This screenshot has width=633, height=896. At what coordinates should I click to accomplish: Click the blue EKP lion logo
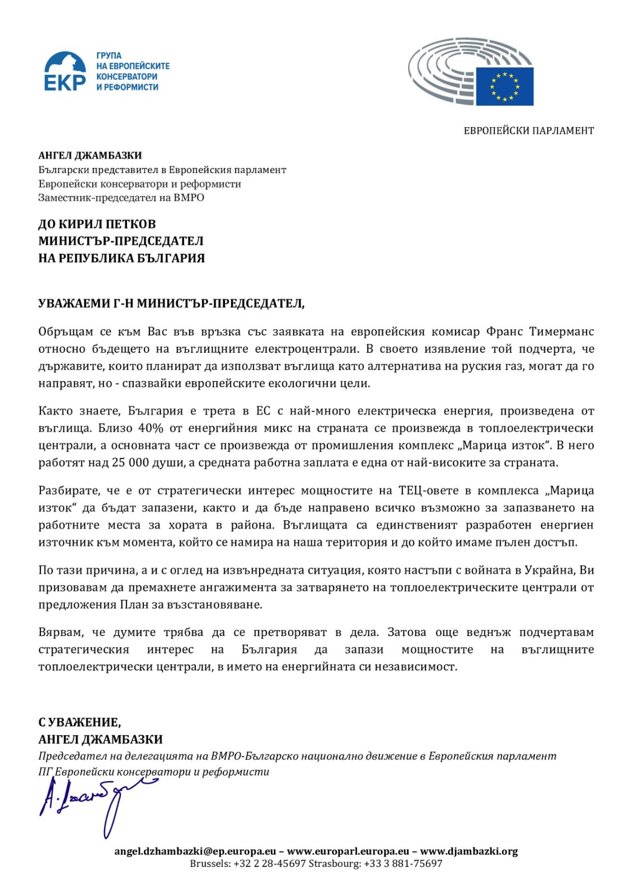(x=65, y=71)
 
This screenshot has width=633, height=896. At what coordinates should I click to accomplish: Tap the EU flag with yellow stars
(x=504, y=86)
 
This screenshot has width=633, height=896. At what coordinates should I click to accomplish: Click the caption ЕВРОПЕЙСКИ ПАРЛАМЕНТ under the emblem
(x=528, y=130)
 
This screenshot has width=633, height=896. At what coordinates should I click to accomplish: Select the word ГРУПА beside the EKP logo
(x=109, y=55)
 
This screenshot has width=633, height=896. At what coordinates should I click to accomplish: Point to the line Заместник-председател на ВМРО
(x=121, y=198)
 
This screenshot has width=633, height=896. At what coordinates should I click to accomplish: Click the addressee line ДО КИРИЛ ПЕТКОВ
(x=97, y=224)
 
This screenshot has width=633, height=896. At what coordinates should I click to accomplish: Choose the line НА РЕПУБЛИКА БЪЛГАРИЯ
(x=121, y=258)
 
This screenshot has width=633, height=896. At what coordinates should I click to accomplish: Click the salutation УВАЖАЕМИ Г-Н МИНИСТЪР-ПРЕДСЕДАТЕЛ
(x=171, y=304)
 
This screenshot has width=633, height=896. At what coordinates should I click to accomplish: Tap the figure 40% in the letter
(x=151, y=428)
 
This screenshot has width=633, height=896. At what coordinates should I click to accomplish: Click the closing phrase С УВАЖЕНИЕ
(x=79, y=722)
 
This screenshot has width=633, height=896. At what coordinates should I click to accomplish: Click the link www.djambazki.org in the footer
(x=469, y=851)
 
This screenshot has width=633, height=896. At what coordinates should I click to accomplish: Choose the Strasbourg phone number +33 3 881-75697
(x=403, y=864)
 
